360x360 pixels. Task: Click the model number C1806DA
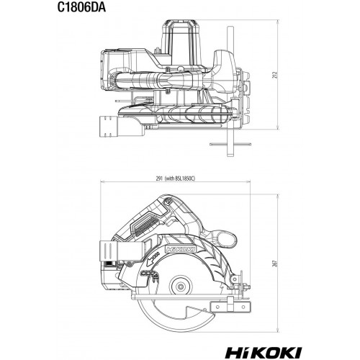coord(81,8)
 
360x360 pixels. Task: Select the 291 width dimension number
coord(159,179)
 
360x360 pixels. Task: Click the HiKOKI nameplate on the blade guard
coord(181,249)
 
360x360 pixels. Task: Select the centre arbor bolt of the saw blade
coord(181,287)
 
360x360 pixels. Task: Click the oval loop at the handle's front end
coord(227,238)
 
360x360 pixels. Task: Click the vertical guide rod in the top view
coord(230,91)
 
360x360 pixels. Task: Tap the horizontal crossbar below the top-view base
coord(230,144)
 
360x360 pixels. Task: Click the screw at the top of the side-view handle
coord(168,201)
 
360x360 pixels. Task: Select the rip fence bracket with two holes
coord(231,307)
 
